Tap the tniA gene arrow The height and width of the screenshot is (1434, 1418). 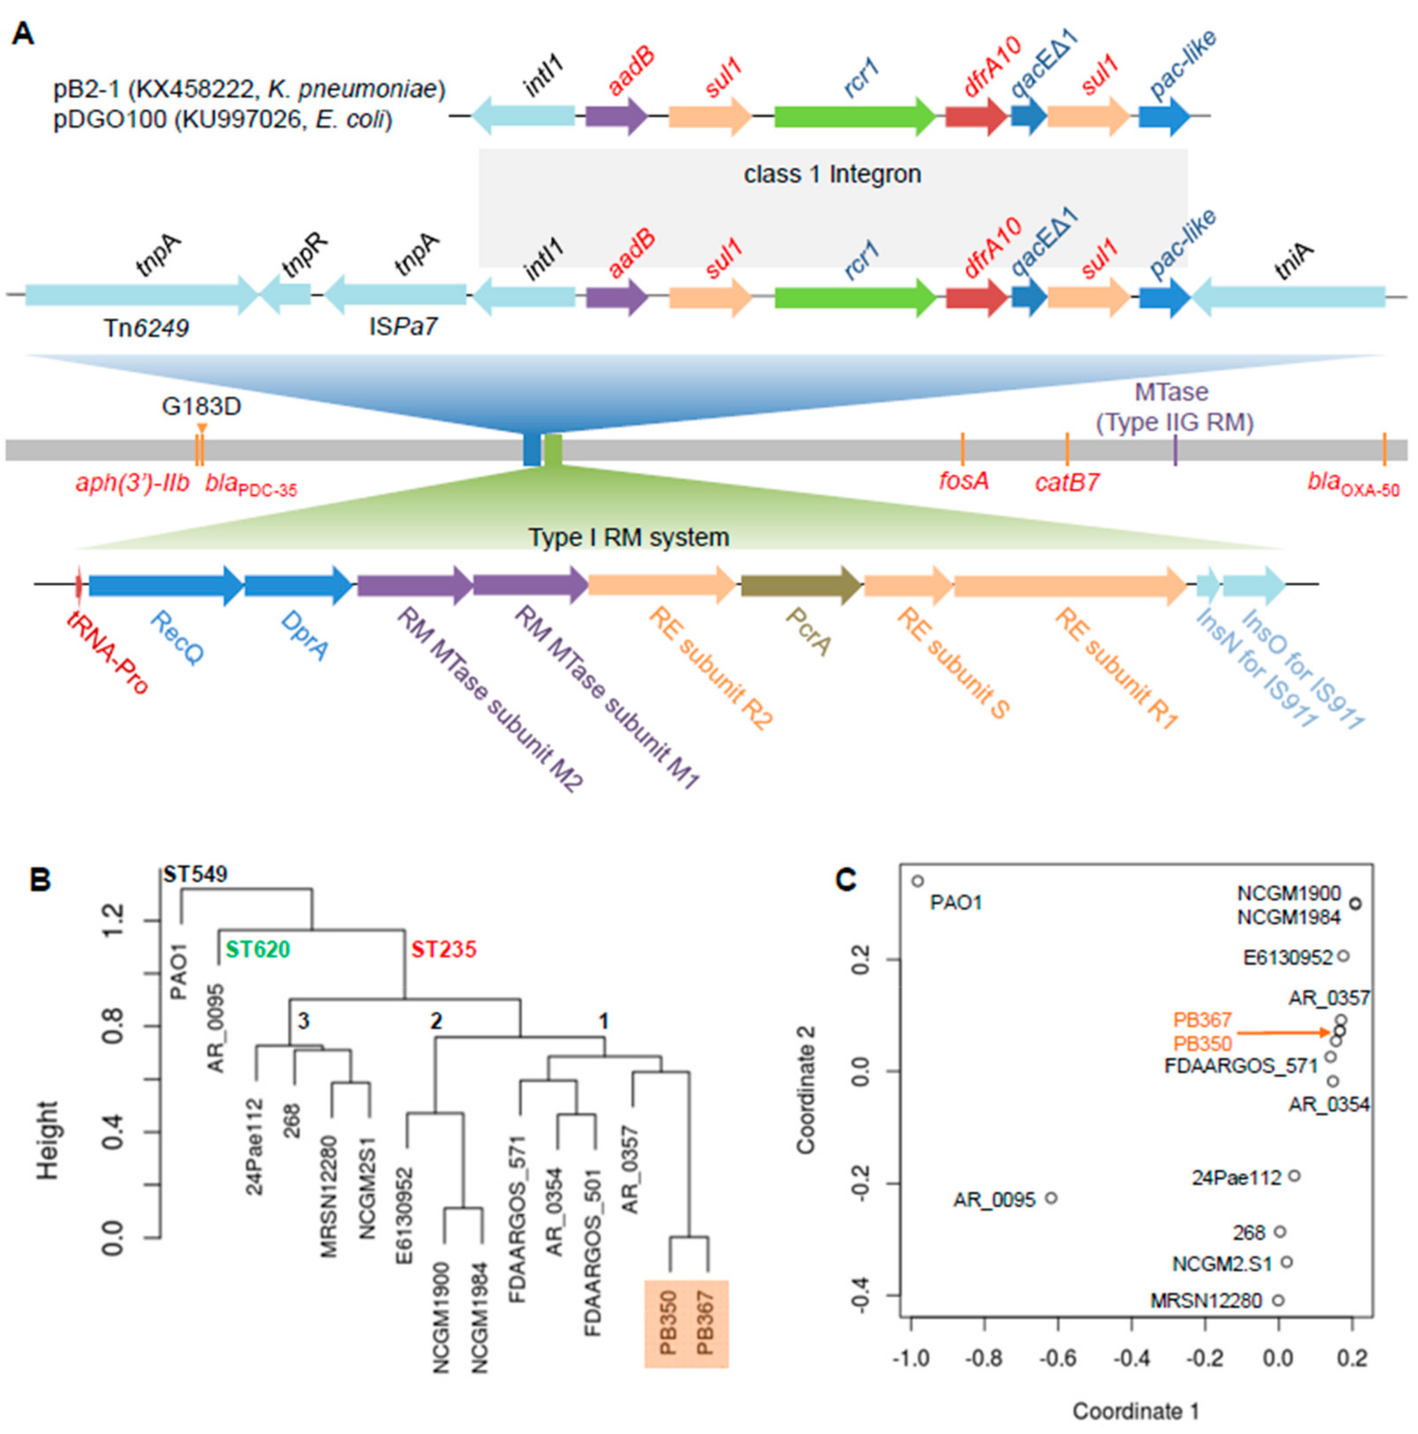click(1287, 297)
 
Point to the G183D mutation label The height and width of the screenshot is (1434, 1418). click(201, 406)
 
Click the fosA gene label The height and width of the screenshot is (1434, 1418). click(963, 482)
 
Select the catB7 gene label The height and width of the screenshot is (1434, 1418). click(1067, 483)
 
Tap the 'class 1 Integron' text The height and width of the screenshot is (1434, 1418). click(832, 174)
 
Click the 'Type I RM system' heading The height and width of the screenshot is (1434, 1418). click(628, 537)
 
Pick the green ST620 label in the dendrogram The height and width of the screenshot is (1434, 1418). click(257, 949)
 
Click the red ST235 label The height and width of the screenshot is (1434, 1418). click(444, 949)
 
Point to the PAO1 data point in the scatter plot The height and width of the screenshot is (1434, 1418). click(918, 881)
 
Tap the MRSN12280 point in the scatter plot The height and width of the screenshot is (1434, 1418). click(1278, 1301)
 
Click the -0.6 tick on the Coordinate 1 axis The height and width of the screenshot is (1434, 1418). click(1058, 1359)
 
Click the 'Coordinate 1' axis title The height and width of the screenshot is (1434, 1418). click(1135, 1412)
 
